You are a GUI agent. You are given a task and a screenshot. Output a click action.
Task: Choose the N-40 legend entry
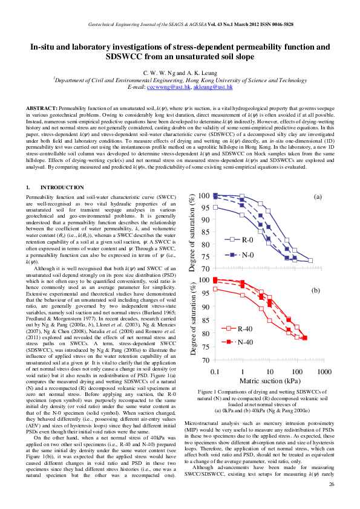(x=245, y=342)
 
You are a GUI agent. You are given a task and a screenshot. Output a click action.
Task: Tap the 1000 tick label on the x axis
(x=325, y=370)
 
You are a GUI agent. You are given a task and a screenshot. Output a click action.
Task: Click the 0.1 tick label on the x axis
(x=215, y=370)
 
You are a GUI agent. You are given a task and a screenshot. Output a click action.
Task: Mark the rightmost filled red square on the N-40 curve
(x=305, y=338)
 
